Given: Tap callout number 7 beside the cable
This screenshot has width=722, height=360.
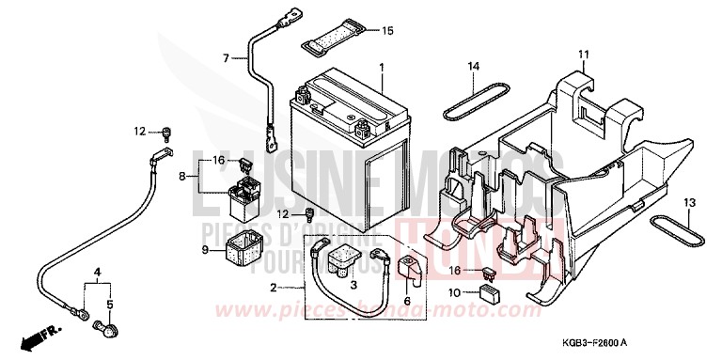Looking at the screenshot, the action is (226, 58).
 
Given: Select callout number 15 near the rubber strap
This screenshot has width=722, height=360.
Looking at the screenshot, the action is (387, 31).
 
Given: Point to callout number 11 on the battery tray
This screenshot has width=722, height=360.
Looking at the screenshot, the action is (583, 53).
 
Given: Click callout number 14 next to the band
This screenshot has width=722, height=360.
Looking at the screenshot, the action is (475, 66).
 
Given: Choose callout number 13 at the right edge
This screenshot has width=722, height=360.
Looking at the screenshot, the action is (690, 203).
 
